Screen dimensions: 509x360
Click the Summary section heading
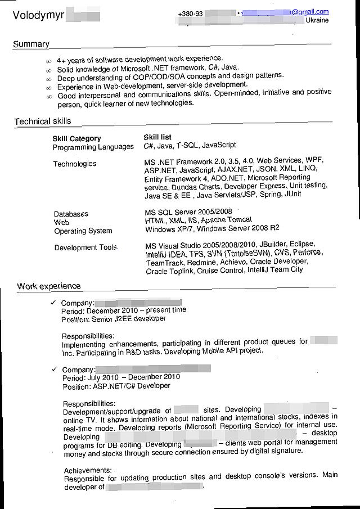(x=31, y=44)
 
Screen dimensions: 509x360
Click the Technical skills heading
(x=43, y=121)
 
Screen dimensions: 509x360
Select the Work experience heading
(x=48, y=286)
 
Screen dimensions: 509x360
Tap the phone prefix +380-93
(x=190, y=13)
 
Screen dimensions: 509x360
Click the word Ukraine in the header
(x=317, y=20)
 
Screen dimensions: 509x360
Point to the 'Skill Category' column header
(x=77, y=138)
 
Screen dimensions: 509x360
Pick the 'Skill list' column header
(x=158, y=137)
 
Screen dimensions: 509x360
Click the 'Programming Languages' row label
(x=93, y=147)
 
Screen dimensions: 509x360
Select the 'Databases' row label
(x=71, y=214)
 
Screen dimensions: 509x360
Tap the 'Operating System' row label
(x=83, y=231)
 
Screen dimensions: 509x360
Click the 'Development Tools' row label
(x=85, y=247)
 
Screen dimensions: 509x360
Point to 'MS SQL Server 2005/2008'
(x=188, y=212)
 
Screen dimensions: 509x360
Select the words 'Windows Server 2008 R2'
(x=238, y=228)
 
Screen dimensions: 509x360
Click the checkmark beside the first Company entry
(x=53, y=303)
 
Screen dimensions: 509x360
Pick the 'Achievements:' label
(x=88, y=470)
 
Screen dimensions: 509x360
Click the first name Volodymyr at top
(x=37, y=15)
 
